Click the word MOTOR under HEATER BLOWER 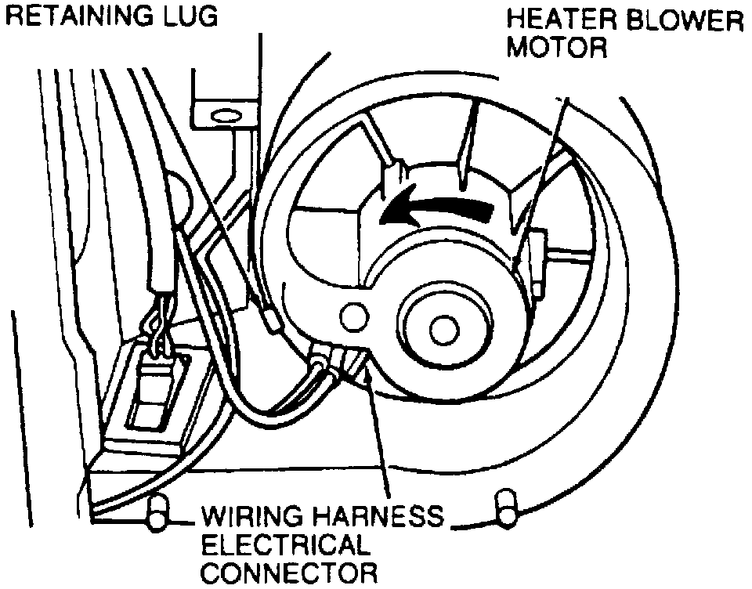point(557,49)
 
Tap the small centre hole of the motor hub point(443,325)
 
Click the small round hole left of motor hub point(354,316)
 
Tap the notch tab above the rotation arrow point(393,172)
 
